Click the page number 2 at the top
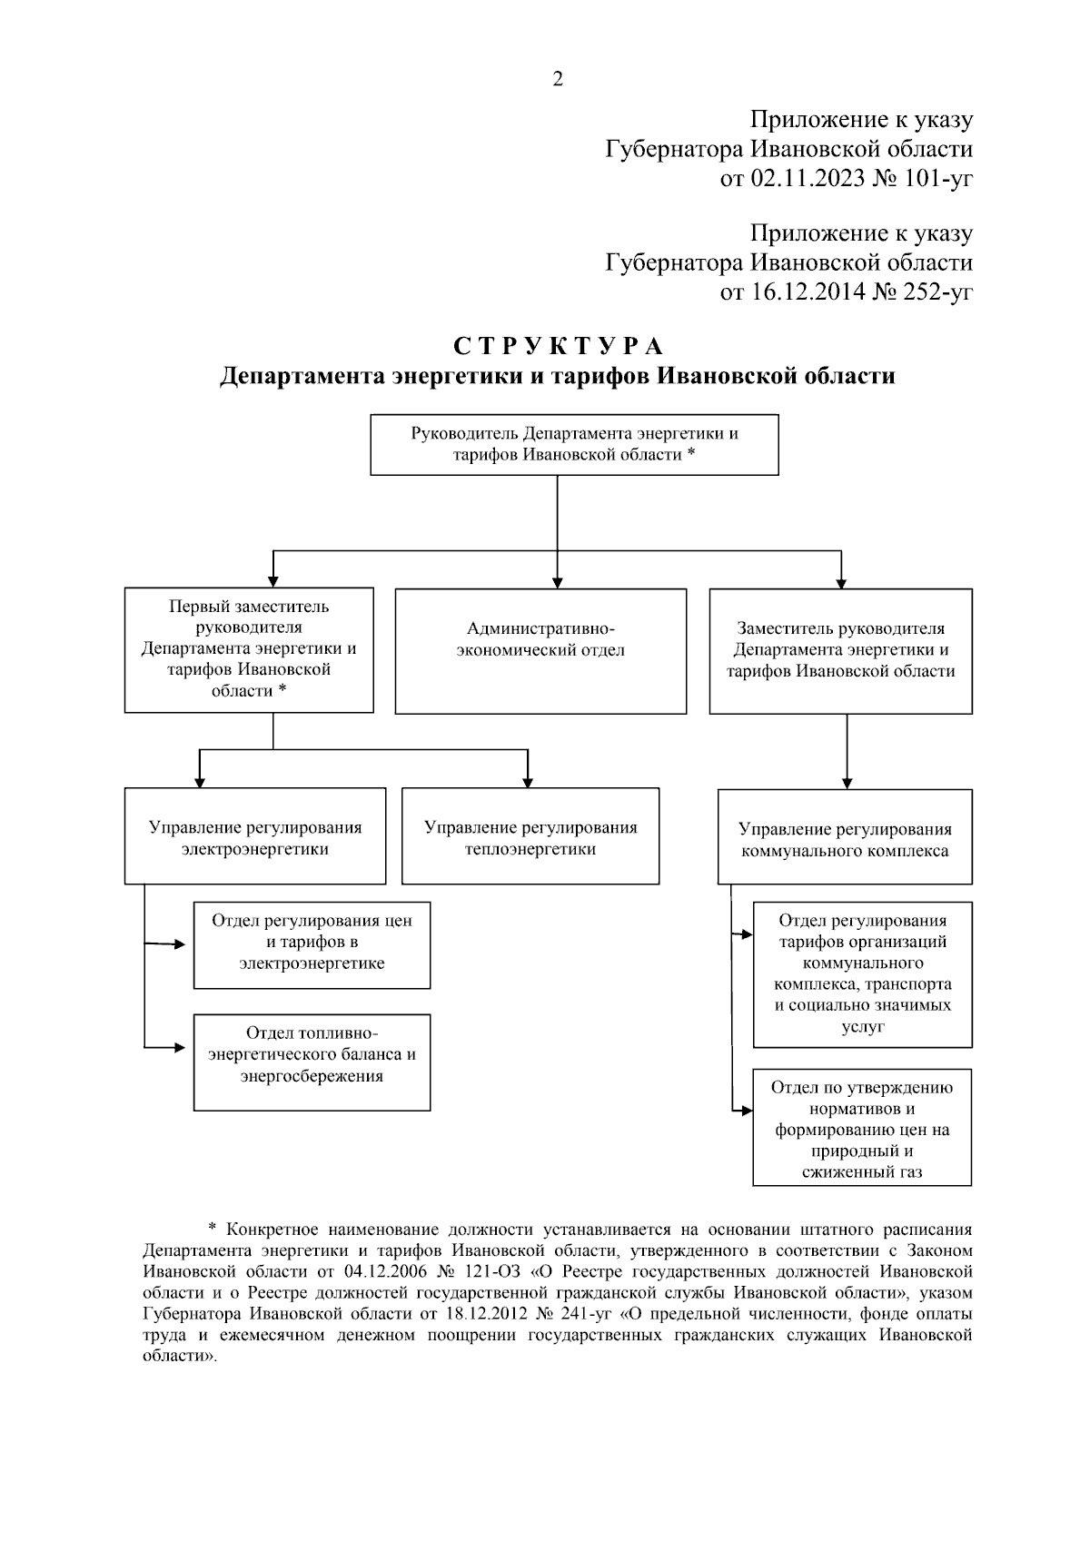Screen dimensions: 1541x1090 pos(557,80)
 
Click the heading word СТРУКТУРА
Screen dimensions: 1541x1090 pos(558,347)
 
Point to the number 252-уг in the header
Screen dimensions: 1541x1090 pos(938,292)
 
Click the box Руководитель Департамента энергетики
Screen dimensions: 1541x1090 pos(574,444)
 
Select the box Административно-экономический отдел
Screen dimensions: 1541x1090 pos(540,650)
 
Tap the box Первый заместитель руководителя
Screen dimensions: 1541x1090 pos(249,649)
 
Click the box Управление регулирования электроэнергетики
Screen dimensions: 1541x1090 pos(255,837)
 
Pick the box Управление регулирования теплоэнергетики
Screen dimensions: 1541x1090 pos(530,837)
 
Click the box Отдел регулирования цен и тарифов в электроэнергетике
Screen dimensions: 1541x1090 pos(312,943)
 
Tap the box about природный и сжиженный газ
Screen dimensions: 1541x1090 pos(862,1129)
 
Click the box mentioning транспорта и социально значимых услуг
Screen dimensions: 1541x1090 pos(862,973)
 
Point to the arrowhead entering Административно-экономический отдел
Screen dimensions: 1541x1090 pos(557,582)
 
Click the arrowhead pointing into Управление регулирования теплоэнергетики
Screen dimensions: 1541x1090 pos(528,782)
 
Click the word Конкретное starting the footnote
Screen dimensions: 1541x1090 pos(270,1230)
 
